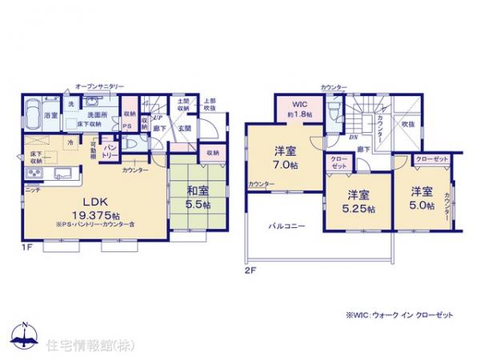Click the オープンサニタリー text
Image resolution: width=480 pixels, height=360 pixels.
[x=98, y=84]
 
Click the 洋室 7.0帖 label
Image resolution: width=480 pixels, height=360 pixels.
[x=286, y=157]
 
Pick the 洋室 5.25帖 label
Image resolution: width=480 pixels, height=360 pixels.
[x=358, y=201]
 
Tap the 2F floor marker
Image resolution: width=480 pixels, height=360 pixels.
[x=250, y=270]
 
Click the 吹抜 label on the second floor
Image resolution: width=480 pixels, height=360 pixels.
[x=408, y=125]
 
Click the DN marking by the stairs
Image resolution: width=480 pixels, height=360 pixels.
[x=353, y=137]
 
